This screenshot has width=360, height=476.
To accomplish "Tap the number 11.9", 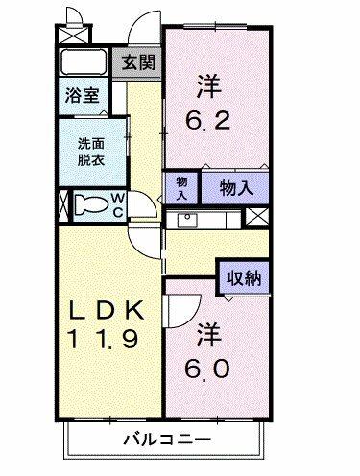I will coord(106,338).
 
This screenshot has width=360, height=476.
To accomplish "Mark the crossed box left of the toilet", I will coord(64,204).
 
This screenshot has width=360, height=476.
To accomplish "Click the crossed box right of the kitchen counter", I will coord(256,216).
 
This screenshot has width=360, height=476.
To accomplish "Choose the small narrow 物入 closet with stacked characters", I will coord(181,186).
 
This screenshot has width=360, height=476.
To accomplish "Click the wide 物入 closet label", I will coord(235,187).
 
